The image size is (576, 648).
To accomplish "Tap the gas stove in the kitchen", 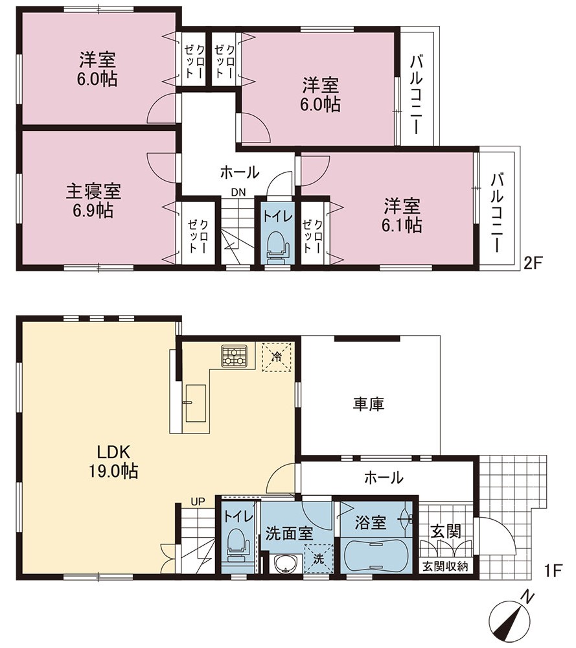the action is click(235, 356).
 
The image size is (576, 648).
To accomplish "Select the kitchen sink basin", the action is click(196, 403).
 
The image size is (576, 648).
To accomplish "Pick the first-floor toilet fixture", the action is click(238, 546).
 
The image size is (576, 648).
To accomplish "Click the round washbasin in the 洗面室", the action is click(285, 564).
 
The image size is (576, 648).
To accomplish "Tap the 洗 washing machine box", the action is click(319, 559).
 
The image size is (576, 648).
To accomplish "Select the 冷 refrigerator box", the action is click(277, 356).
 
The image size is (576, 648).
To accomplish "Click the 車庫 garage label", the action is click(369, 404).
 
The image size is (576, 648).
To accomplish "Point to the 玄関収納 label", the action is click(445, 566).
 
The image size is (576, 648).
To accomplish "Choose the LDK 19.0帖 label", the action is click(113, 461).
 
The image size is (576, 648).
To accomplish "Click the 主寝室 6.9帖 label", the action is click(93, 202).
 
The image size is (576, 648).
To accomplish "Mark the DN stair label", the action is click(238, 192).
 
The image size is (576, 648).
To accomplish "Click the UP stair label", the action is click(198, 502).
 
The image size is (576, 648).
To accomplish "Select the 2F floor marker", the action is click(532, 263).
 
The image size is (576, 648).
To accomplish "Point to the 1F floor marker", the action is click(553, 571).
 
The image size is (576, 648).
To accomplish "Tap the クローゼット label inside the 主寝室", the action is click(198, 236).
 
